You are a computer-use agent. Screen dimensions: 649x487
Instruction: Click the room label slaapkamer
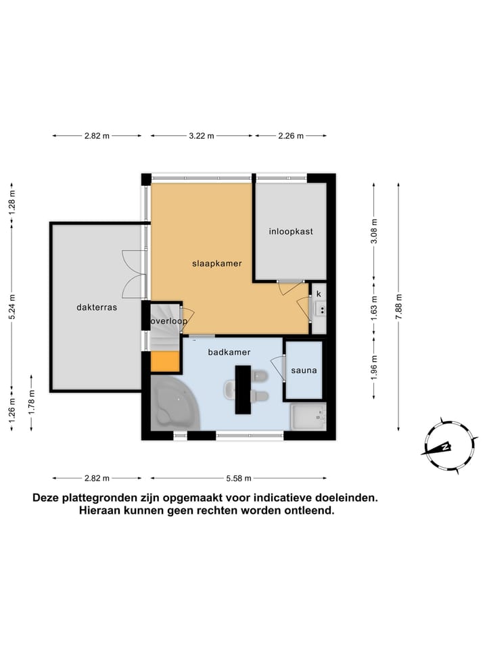tap(216, 263)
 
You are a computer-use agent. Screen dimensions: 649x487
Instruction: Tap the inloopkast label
tap(290, 231)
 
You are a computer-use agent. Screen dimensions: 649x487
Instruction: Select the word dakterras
tap(97, 307)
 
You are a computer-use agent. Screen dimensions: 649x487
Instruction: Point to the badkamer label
tap(229, 352)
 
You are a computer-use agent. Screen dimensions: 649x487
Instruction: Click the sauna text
tap(304, 370)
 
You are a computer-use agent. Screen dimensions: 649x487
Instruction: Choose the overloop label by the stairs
tap(168, 321)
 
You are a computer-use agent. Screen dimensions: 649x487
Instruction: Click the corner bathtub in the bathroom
tap(173, 405)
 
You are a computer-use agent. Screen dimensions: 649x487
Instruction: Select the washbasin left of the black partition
tap(230, 389)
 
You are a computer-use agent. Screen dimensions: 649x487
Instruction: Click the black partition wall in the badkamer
tap(243, 389)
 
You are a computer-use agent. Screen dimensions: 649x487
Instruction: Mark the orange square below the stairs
tap(164, 362)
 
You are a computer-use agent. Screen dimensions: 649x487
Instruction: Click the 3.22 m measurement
tap(201, 136)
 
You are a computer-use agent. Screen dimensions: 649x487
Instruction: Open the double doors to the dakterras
tap(134, 274)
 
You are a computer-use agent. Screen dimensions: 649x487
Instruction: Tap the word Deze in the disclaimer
tap(47, 498)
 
